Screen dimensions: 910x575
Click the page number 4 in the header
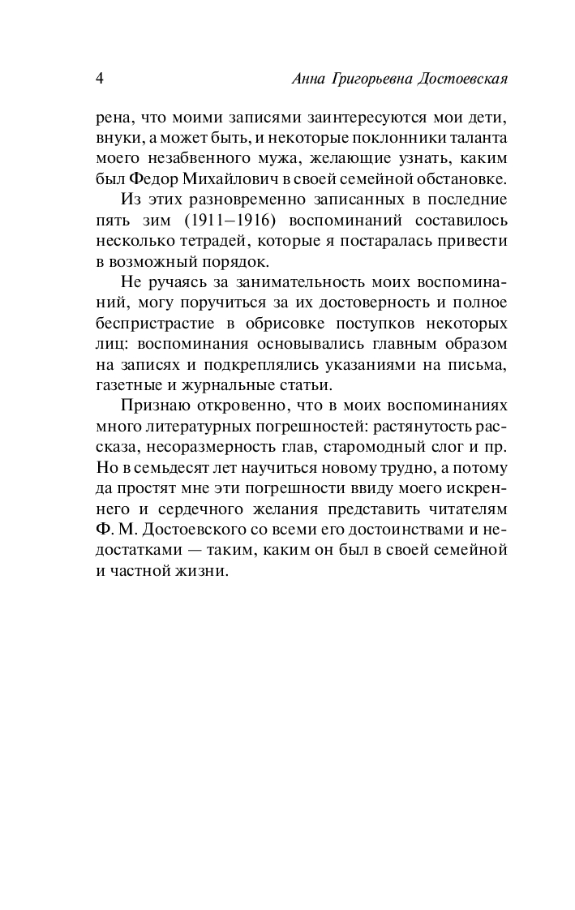[99, 79]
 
